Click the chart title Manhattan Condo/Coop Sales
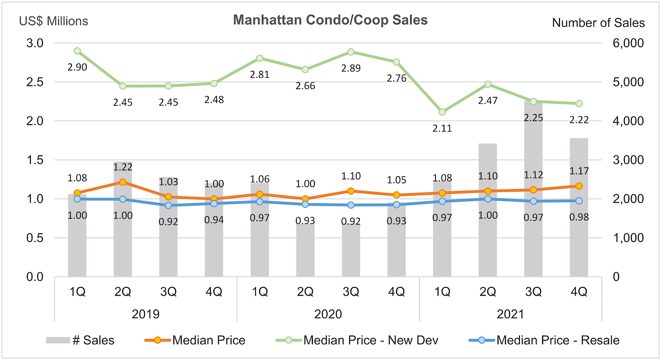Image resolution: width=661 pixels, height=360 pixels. click(x=330, y=20)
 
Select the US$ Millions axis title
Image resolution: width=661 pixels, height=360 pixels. click(x=54, y=21)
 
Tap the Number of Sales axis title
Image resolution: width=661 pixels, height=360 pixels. click(x=598, y=23)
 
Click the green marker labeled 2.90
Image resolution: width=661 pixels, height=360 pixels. click(x=77, y=51)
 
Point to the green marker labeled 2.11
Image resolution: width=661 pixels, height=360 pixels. click(x=442, y=112)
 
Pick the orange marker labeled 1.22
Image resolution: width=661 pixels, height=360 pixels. click(x=123, y=182)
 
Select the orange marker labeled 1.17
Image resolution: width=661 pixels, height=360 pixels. click(x=579, y=186)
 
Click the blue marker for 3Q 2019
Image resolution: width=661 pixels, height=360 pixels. click(x=169, y=206)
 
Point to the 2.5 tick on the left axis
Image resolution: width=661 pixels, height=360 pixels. click(x=35, y=82)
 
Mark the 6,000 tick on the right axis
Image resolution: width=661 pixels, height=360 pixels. click(x=628, y=43)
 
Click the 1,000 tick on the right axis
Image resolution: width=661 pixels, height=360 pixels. click(x=628, y=238)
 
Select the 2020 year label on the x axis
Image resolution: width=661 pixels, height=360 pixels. click(x=328, y=314)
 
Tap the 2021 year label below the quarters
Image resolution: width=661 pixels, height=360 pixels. click(x=510, y=314)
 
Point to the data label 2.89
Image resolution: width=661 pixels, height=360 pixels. click(x=351, y=68)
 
